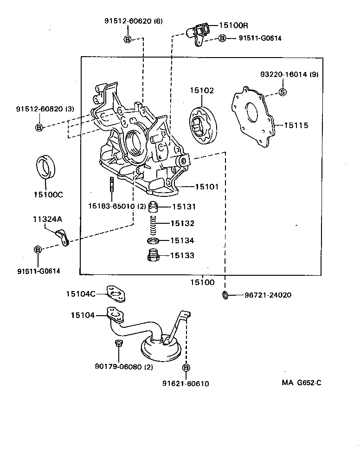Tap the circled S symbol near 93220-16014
[283, 92]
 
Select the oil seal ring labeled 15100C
[46, 167]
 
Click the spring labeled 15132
[153, 224]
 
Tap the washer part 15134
[153, 241]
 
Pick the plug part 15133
[153, 256]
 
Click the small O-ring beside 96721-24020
[225, 295]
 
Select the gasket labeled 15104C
[116, 293]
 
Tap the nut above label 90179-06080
[118, 343]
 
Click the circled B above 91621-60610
[186, 368]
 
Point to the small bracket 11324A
[62, 237]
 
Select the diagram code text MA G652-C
[301, 383]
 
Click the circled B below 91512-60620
[127, 39]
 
